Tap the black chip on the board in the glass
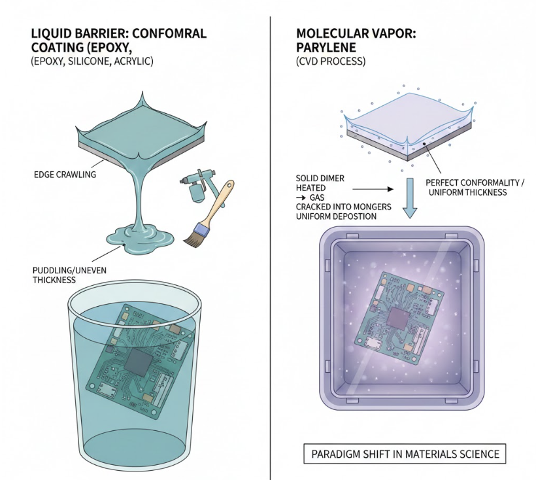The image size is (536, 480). [139, 361]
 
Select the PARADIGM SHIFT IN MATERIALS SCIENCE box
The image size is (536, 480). [405, 453]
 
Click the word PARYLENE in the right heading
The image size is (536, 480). [327, 47]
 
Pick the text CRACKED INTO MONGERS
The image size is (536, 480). [344, 207]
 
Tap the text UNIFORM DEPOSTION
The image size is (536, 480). [336, 216]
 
